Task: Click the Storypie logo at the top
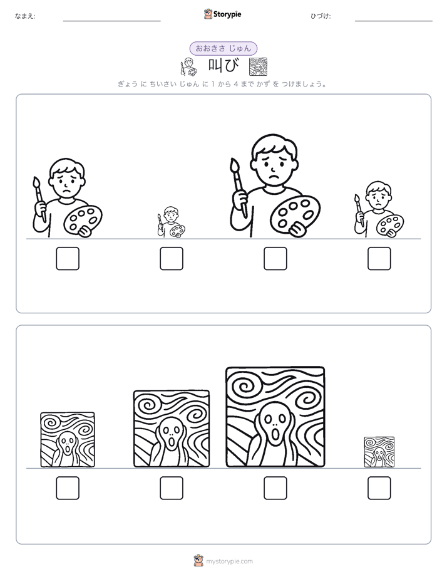click(222, 14)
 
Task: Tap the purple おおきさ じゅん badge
click(223, 48)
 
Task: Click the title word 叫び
click(223, 66)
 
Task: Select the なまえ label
click(25, 16)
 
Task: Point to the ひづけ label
click(321, 16)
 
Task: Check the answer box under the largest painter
click(275, 258)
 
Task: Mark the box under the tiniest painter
click(172, 258)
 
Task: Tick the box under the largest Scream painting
click(275, 488)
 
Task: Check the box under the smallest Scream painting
click(379, 488)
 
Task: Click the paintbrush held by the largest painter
click(239, 187)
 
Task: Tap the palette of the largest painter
click(295, 215)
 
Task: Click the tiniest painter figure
click(172, 222)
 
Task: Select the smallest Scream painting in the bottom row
click(379, 452)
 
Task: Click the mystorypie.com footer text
click(229, 561)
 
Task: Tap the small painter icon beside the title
click(188, 67)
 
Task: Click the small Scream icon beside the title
click(258, 67)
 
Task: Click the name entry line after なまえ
click(111, 21)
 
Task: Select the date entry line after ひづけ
click(394, 21)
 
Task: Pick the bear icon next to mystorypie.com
click(199, 561)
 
